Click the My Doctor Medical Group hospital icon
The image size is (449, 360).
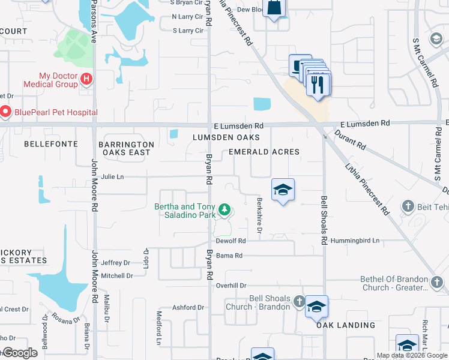[x=87, y=79]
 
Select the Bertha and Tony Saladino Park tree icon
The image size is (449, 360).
[x=224, y=209]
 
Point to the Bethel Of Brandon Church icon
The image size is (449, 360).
[x=438, y=281]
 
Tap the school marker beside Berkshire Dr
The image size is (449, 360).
[x=283, y=191]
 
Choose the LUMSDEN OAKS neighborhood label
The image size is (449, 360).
[x=226, y=137]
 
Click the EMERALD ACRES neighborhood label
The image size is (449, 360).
[x=264, y=152]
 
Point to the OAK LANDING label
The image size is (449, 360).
[x=346, y=325]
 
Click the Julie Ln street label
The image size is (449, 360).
[x=112, y=177]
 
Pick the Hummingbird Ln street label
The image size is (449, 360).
[x=355, y=241]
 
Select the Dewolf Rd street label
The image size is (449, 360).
[x=231, y=241]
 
